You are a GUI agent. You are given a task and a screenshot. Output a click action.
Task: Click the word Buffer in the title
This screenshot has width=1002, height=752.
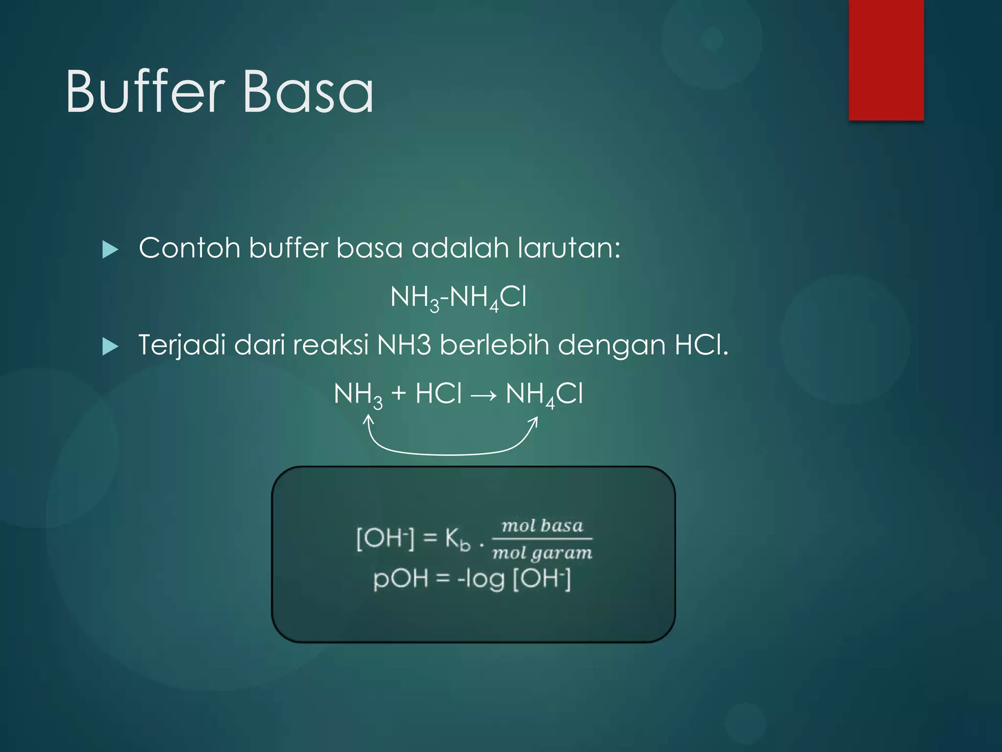(x=145, y=92)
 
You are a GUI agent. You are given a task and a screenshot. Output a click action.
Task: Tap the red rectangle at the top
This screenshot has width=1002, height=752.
(x=886, y=60)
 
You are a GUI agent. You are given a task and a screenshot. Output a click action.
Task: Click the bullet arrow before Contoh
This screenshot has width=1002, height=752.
(x=110, y=250)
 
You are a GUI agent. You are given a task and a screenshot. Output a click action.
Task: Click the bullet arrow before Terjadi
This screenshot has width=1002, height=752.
(x=110, y=347)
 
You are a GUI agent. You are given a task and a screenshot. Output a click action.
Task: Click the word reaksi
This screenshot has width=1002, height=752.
(x=331, y=345)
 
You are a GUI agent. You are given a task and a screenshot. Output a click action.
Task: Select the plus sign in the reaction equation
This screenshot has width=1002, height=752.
(x=399, y=393)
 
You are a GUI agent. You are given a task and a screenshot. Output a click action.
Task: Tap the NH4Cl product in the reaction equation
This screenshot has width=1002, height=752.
(x=544, y=394)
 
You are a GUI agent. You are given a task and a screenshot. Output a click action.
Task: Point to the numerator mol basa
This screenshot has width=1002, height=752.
(x=542, y=526)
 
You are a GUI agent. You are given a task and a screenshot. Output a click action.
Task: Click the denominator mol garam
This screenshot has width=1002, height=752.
(x=542, y=553)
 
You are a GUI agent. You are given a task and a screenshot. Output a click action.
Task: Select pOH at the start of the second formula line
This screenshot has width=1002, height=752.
(x=400, y=579)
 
